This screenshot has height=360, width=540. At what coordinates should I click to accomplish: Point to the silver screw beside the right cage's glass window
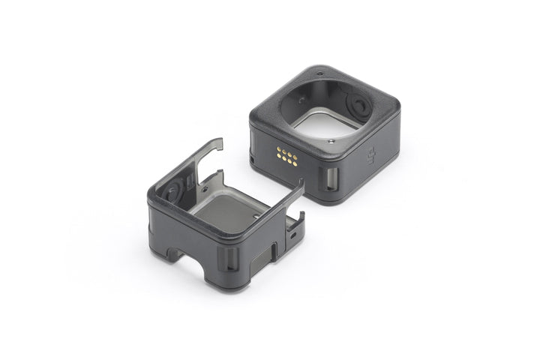click(x=331, y=139)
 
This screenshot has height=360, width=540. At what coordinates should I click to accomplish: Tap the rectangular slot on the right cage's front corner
click(x=331, y=178)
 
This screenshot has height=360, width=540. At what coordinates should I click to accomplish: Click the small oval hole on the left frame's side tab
click(x=291, y=234)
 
